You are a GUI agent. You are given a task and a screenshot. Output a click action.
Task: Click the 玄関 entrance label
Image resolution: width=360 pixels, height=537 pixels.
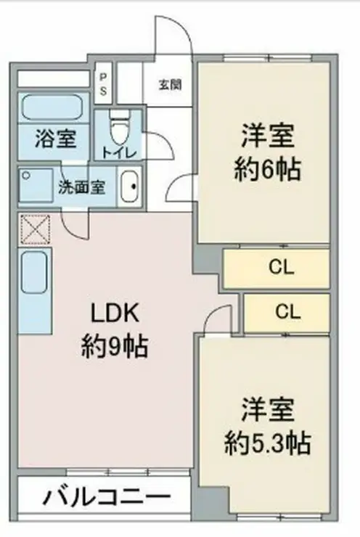(x=170, y=84)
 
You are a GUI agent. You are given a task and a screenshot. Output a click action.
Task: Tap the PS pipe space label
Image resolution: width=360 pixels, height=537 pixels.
(x=103, y=85)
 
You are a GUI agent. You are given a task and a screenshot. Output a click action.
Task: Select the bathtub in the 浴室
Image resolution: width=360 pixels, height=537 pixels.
(x=52, y=108)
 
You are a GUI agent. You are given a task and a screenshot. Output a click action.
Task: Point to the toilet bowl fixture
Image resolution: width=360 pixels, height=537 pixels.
(x=119, y=128)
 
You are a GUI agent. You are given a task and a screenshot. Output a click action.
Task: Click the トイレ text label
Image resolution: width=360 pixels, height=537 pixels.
(x=120, y=152)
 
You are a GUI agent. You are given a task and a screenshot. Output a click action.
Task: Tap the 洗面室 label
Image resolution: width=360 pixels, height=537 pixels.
(x=81, y=187)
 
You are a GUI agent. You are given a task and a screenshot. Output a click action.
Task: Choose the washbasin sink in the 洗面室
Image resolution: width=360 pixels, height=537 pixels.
(x=130, y=186)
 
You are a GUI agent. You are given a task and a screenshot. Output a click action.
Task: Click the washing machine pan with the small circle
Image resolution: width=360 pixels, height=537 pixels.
(x=36, y=185)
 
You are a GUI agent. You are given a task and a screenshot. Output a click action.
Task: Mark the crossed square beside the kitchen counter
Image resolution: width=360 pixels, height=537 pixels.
(x=36, y=229)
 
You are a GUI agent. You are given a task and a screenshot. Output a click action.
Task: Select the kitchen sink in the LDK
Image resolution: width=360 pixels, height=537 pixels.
(x=34, y=272)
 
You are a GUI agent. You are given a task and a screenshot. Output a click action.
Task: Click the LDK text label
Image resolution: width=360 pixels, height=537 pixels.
(x=115, y=313)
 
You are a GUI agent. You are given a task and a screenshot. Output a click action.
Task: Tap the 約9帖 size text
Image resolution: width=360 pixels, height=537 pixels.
(x=115, y=347)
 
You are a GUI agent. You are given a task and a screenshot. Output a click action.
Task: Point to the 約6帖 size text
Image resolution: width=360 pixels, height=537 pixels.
(x=268, y=169)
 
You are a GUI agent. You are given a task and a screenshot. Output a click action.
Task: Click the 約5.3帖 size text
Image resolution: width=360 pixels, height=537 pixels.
(x=268, y=443)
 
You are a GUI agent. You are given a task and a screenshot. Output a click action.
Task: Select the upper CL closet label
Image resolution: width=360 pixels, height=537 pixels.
(x=281, y=267)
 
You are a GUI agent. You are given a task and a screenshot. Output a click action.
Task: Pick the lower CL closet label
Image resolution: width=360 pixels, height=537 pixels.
(x=287, y=311)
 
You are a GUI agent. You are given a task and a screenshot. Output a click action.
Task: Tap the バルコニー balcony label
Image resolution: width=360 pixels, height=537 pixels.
(x=107, y=497)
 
